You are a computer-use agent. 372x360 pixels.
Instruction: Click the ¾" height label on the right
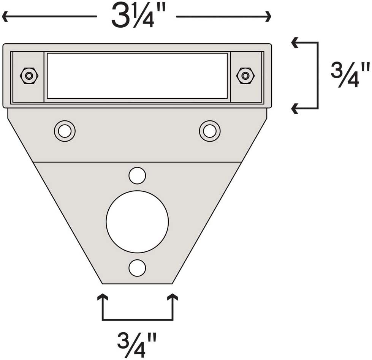(350, 75)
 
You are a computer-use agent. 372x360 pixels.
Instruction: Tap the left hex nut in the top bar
(29, 76)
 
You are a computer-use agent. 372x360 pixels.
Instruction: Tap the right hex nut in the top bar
(245, 76)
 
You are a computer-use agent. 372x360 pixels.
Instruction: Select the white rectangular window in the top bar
(137, 76)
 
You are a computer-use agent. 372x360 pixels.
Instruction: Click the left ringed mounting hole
(65, 131)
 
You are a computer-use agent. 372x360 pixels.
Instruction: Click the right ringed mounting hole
(210, 131)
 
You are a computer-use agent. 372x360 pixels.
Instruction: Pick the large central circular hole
(137, 222)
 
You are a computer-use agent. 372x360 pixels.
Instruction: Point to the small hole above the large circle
(137, 175)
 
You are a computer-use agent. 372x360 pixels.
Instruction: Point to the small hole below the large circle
(137, 268)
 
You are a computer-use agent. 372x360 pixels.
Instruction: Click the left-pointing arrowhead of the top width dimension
(5, 17)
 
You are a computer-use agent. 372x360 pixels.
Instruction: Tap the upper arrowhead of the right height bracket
(294, 43)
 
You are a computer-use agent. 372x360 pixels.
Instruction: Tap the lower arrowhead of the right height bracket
(294, 109)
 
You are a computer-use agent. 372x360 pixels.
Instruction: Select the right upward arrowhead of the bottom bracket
(173, 297)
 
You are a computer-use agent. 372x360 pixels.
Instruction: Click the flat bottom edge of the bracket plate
(137, 283)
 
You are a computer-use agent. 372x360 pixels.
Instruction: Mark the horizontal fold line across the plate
(137, 162)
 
